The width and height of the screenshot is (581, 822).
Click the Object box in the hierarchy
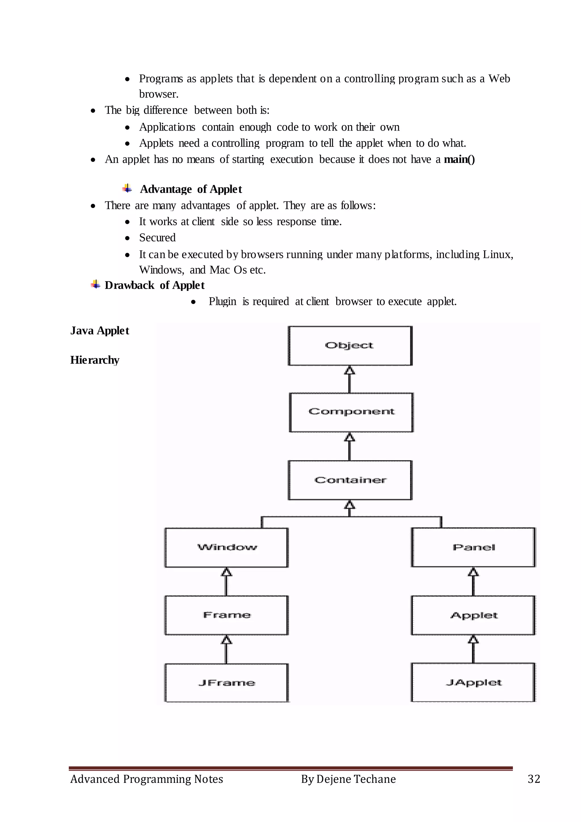pos(350,345)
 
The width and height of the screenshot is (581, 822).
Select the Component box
pos(351,412)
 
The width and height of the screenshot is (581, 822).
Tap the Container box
pos(350,480)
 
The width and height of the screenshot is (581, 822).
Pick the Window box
pos(226,548)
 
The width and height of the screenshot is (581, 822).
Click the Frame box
pos(226,615)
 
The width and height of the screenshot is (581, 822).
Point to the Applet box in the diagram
pos(473,615)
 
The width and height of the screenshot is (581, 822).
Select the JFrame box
pos(226,683)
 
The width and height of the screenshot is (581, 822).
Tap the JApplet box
pos(473,682)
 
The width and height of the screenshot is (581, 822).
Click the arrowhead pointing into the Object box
pos(350,370)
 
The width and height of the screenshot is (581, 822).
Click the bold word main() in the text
pos(459,159)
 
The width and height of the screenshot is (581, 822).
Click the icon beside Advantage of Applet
pos(127,188)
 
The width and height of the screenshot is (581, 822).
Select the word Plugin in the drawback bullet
pos(222,301)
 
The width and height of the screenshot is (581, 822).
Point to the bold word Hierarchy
pos(94,360)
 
